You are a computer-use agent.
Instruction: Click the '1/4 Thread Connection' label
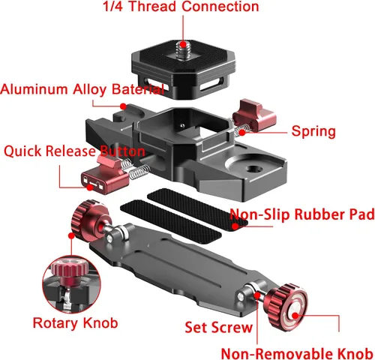pos(181,6)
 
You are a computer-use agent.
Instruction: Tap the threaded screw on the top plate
pos(183,50)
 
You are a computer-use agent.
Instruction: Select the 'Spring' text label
pos(313,132)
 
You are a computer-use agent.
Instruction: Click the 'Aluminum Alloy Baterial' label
pos(82,89)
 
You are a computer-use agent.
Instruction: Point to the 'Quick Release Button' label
pos(74,151)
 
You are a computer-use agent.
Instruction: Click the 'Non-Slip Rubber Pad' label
pos(302,214)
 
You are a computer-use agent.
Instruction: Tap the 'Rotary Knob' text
pos(75,323)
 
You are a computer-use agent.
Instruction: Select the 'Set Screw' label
pos(218,327)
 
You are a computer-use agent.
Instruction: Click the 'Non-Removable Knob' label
pos(297,353)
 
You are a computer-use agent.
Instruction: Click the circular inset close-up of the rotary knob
pos(71,284)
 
